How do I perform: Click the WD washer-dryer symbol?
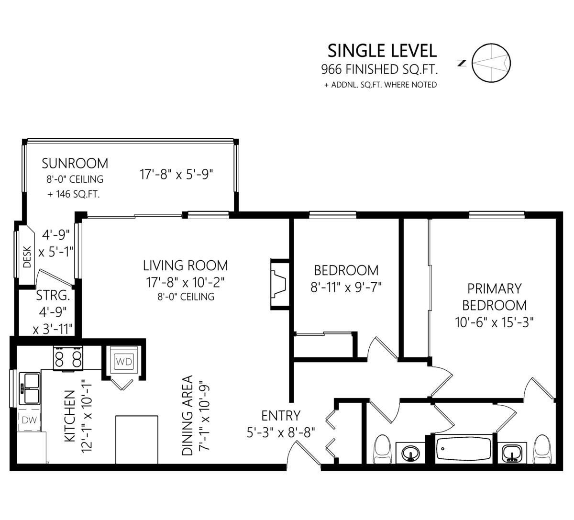coord(124,361)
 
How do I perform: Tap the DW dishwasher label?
coord(30,420)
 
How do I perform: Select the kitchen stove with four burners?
coord(68,358)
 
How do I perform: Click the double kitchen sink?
coord(30,388)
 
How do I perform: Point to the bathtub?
coord(464,450)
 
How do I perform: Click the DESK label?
coord(27,257)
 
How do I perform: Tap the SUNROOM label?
coord(75,164)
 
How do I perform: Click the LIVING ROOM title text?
coord(186,266)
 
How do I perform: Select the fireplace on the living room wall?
coord(280,284)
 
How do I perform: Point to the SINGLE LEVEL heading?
coord(382,51)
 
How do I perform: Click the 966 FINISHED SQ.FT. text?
coord(379,69)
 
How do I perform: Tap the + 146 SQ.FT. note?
coord(74,194)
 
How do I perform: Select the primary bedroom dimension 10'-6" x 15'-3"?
coord(494,322)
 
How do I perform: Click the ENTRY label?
coord(281,416)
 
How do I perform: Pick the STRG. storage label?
coord(53,295)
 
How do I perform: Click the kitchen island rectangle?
coord(137,440)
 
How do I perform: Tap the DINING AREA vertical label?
coord(188,415)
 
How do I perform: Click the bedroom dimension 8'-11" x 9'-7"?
coord(346,287)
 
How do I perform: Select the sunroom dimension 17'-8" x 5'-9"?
coord(176,174)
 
